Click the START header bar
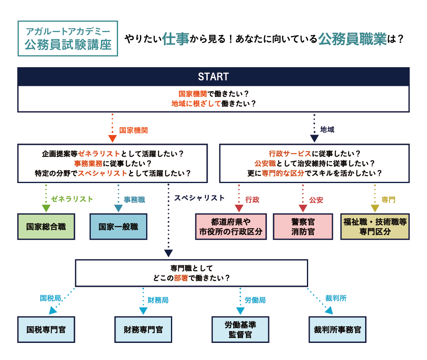(213, 76)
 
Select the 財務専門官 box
(143, 329)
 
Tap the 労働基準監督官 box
(240, 329)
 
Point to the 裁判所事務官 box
(337, 329)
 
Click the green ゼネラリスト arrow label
(72, 199)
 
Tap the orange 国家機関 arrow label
(133, 131)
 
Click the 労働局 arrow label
(255, 300)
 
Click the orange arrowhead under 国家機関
(112, 139)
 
